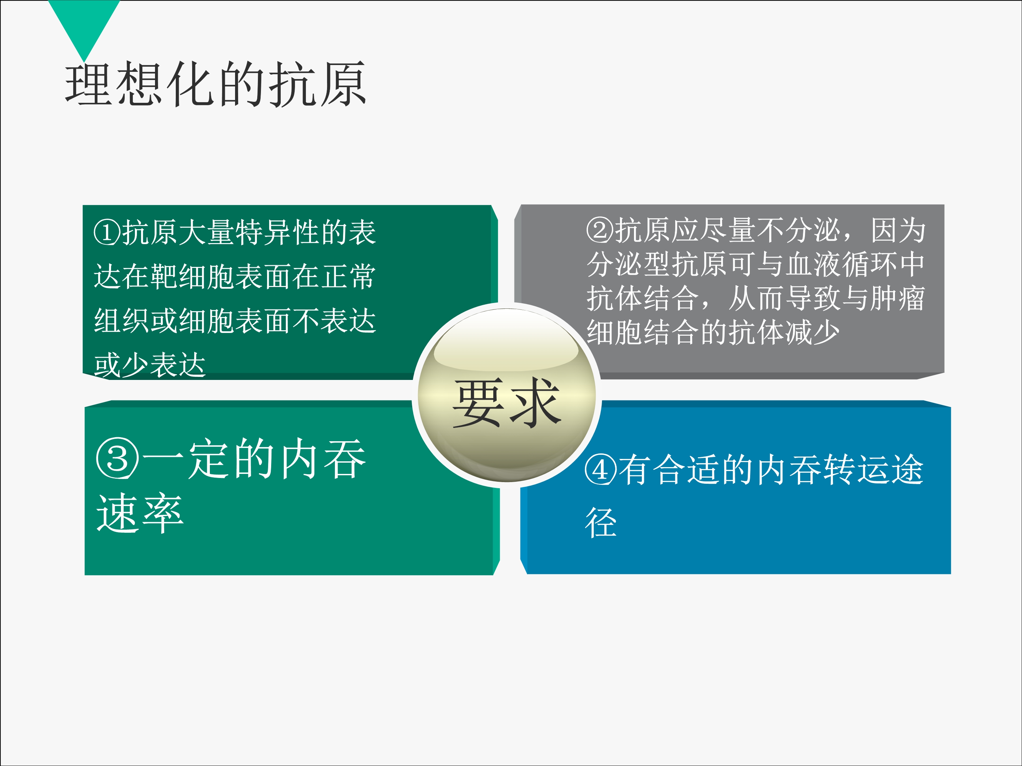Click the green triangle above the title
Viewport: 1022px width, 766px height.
(x=83, y=23)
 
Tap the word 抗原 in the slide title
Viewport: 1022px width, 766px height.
(x=318, y=84)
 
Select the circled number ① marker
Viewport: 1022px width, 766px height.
(x=107, y=232)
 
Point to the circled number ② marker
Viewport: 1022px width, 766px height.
(x=600, y=229)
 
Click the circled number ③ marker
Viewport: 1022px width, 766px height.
(x=117, y=459)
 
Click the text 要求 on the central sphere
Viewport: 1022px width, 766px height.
(x=507, y=402)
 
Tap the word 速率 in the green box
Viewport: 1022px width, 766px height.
(x=140, y=513)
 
